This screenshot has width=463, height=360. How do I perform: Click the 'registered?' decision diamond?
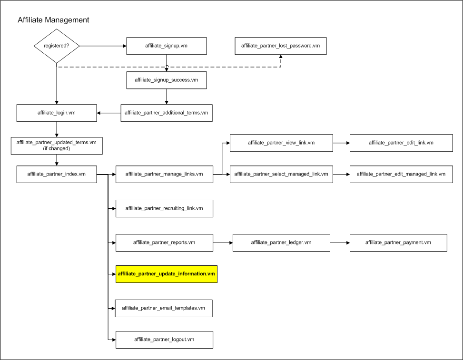point(57,46)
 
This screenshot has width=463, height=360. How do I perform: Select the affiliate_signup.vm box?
point(167,46)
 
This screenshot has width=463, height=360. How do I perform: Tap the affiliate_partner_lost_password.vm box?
point(281,46)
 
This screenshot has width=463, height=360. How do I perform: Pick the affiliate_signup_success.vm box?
point(167,80)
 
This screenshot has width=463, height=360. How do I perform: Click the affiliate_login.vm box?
point(57,113)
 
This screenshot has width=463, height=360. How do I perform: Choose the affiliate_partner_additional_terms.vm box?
point(167,113)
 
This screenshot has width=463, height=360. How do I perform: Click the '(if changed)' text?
point(57,148)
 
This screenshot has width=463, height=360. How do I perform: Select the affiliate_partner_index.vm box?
point(57,174)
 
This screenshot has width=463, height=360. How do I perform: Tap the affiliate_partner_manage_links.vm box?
point(164,174)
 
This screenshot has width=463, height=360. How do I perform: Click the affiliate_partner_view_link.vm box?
point(281,143)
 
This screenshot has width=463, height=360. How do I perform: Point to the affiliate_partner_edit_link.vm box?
point(401,143)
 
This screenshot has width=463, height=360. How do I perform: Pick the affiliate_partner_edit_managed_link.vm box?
point(401,174)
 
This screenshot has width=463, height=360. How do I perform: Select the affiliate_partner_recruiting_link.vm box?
point(164,208)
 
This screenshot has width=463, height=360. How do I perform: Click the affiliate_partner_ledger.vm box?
point(281,243)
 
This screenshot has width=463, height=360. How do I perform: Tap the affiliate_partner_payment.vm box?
point(398,243)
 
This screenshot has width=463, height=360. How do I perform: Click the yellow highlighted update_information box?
point(167,274)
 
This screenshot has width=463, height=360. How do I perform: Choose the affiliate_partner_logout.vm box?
point(164,340)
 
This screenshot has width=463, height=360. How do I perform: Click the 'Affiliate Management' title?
point(53,20)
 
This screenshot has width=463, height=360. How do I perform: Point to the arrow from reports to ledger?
point(223,243)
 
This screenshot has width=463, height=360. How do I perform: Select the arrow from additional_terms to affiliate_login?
point(108,113)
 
